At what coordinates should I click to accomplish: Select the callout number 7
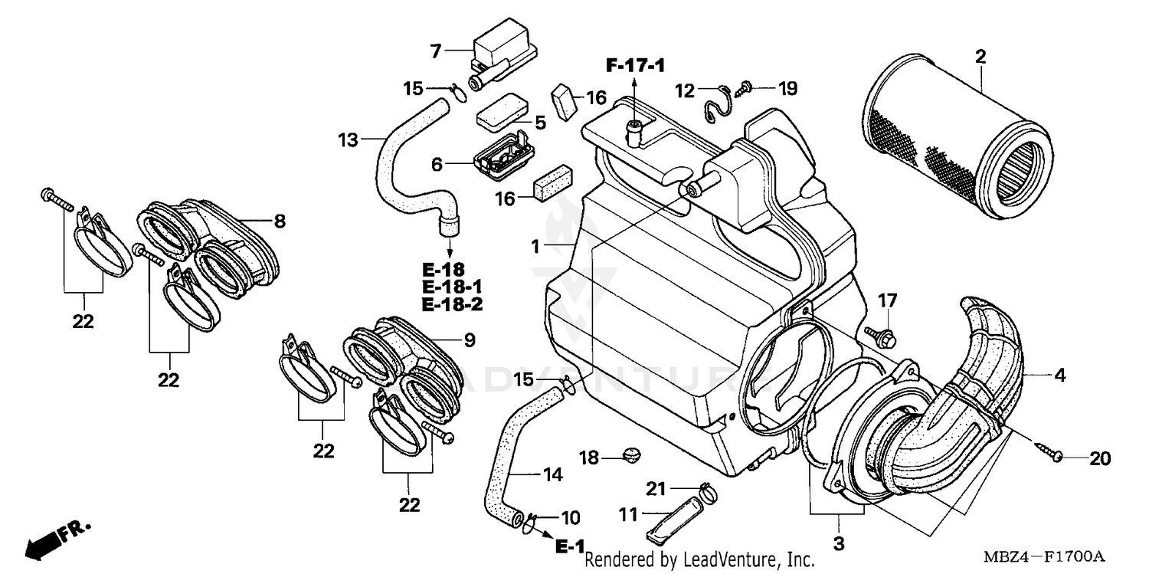(x=435, y=52)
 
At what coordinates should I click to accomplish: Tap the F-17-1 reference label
(x=635, y=67)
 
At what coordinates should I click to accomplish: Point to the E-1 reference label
(x=570, y=546)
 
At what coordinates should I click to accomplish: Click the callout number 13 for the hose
(x=348, y=139)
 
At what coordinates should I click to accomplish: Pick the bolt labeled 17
(x=879, y=334)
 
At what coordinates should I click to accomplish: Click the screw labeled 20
(x=1050, y=452)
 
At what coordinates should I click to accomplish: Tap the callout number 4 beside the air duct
(x=1060, y=376)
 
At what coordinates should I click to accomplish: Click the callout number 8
(x=280, y=221)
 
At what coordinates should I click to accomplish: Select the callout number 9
(x=469, y=339)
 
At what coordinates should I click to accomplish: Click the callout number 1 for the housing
(x=537, y=246)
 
